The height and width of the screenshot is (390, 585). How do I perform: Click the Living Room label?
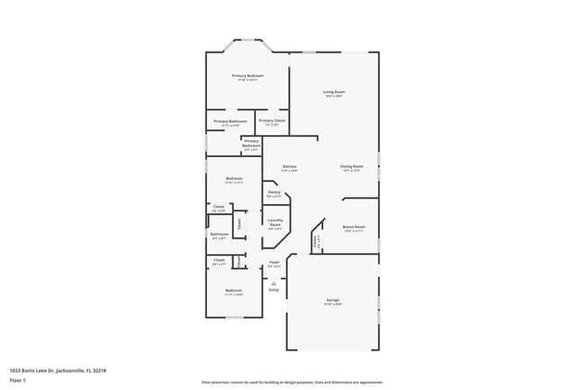pos(334,93)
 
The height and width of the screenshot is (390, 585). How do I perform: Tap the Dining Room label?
pos(351,166)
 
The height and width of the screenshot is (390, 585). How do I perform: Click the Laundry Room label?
pos(274,225)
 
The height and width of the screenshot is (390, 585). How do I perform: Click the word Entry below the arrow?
pos(274,289)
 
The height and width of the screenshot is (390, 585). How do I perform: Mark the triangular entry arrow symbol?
pos(274,282)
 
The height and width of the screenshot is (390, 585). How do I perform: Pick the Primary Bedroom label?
pos(247,76)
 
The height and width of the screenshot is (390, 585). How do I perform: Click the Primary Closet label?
pos(272,120)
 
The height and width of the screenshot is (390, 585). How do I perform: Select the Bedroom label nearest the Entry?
pos(233,291)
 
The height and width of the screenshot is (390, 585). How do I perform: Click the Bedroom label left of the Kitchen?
pos(233,179)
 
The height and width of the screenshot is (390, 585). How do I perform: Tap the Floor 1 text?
pos(17,380)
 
